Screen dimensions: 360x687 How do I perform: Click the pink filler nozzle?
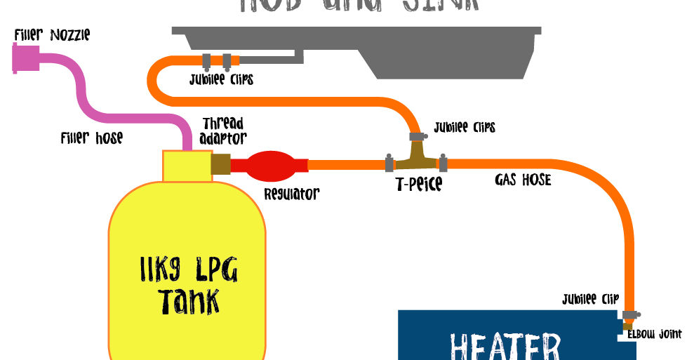coord(26,58)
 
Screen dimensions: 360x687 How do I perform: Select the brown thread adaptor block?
coord(220,164)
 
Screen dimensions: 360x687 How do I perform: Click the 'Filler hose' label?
coord(91,138)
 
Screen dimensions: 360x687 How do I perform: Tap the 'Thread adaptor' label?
coord(223,131)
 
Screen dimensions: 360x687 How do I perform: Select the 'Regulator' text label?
coord(291,194)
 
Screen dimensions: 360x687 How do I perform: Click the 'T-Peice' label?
coord(418,185)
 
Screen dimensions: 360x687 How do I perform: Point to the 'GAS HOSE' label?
coord(523,180)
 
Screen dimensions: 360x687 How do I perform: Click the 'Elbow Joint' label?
coord(654,334)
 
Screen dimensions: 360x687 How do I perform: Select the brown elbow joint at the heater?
coord(627,326)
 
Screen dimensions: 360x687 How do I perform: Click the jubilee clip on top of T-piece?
coord(416,135)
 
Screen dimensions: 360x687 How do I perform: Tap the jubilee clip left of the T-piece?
coord(389,164)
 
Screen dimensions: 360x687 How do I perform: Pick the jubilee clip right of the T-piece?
coord(443,164)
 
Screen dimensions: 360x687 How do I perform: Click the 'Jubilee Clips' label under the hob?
coord(221,79)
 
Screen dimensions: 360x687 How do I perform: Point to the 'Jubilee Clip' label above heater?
coord(590,300)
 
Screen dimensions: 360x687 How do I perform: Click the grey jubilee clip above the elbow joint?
coord(630,314)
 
